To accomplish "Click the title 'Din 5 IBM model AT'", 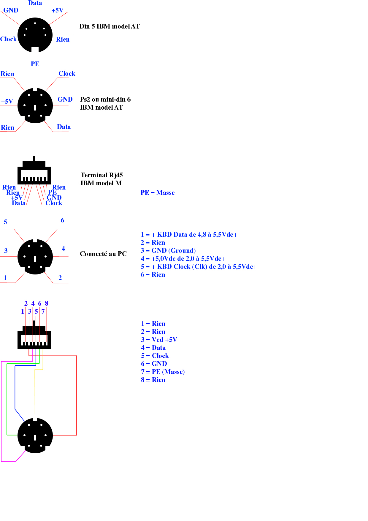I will [110, 26].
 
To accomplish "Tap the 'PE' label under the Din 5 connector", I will [35, 64].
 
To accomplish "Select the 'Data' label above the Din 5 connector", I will [35, 3].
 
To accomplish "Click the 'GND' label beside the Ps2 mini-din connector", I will [65, 99].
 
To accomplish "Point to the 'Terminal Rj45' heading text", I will [101, 175].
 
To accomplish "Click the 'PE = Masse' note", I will [158, 192].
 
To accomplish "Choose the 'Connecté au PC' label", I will [103, 254].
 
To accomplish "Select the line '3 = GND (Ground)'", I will [168, 250].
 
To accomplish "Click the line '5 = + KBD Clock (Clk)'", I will [199, 266].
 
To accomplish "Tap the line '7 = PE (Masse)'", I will [163, 372].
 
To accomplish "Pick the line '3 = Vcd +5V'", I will [159, 340].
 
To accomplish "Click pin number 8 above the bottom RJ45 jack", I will [47, 303].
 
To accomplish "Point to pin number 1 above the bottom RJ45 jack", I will [23, 311].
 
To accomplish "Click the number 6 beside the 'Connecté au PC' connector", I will [62, 220].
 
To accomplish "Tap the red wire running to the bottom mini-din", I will [77, 395].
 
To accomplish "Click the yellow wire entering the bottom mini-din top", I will [35, 395].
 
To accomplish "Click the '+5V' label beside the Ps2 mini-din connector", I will [7, 101].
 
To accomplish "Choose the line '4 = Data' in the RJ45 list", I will [153, 348].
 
